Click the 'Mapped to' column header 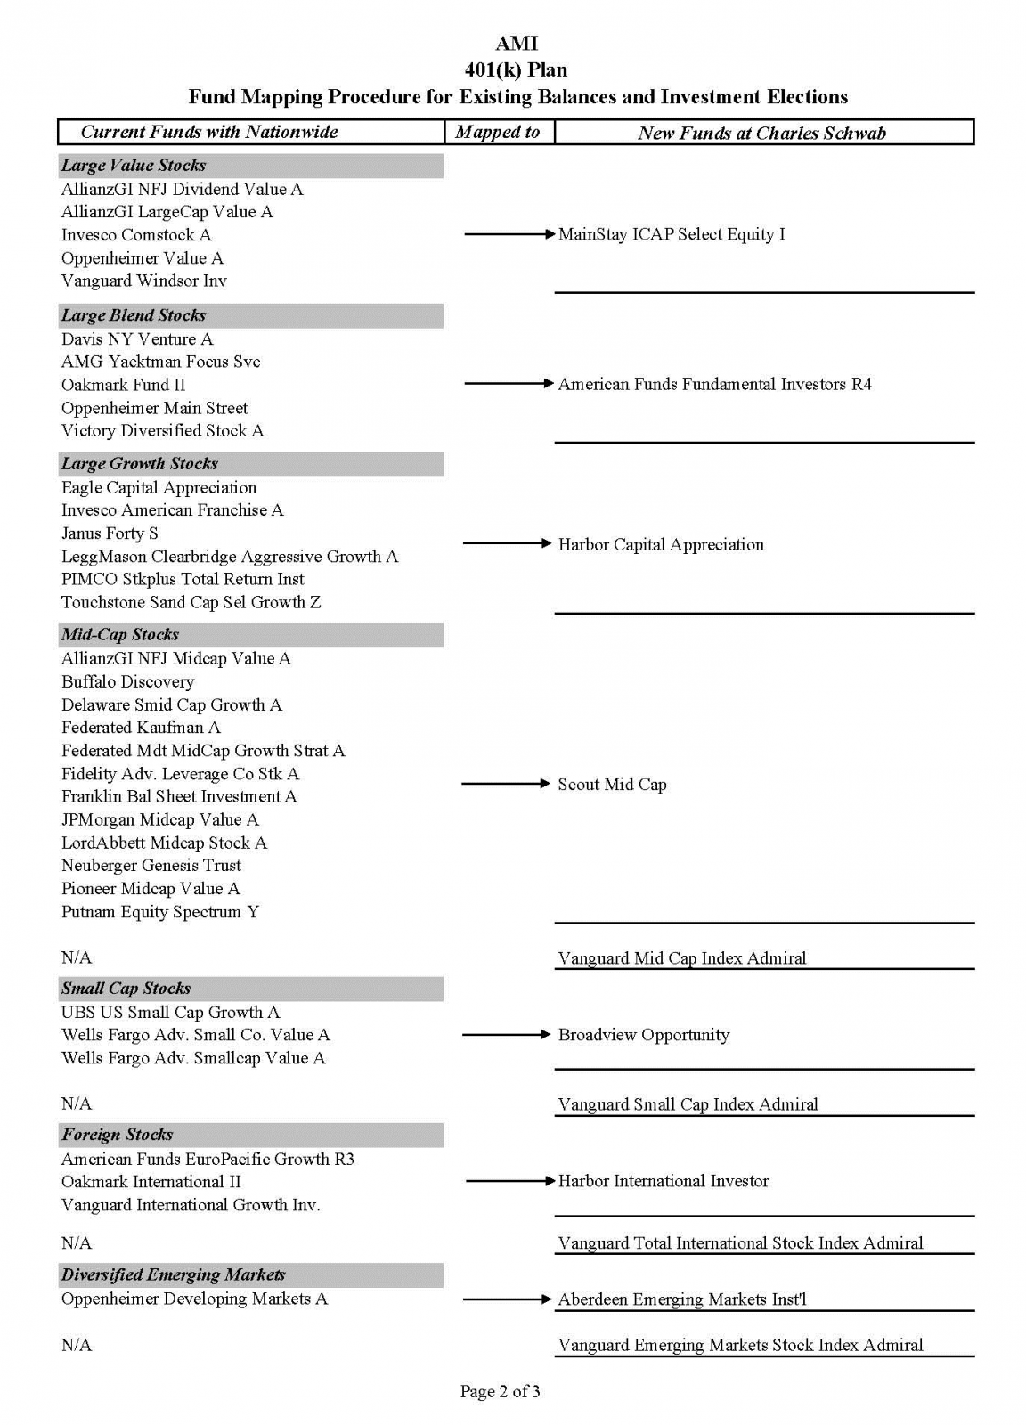(x=498, y=133)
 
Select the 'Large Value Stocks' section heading (x=134, y=166)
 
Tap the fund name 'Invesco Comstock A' (x=136, y=235)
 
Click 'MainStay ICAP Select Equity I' (x=672, y=234)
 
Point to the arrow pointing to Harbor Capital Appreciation (x=508, y=543)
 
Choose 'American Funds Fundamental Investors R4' (x=714, y=384)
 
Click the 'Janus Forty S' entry (x=110, y=533)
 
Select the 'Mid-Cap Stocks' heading (x=120, y=635)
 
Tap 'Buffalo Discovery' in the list (x=127, y=682)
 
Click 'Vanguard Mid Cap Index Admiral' (x=681, y=958)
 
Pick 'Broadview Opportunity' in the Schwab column (x=643, y=1035)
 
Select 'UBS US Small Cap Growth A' (x=170, y=1013)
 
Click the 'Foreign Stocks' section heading (x=118, y=1135)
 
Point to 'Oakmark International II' (x=151, y=1182)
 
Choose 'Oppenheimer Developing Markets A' (x=194, y=1299)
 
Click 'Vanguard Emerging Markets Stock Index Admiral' (x=740, y=1345)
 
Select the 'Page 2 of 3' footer (x=500, y=1391)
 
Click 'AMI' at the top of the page (x=517, y=44)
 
